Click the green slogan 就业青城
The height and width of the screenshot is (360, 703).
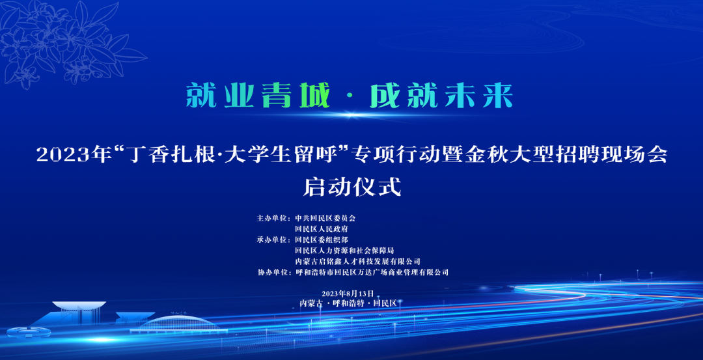tap(258, 95)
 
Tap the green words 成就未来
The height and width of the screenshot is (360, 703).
tap(441, 95)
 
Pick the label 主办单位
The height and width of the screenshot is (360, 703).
tap(271, 218)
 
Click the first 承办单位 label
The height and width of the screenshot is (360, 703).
tap(271, 240)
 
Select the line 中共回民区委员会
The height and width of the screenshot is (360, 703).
tap(325, 218)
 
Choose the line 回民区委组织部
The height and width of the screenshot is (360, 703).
tap(321, 240)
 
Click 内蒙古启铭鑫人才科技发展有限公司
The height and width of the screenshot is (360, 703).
tap(357, 261)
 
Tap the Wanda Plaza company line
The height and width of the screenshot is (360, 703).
tap(372, 272)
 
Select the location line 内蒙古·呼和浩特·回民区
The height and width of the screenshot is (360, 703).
tap(348, 303)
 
